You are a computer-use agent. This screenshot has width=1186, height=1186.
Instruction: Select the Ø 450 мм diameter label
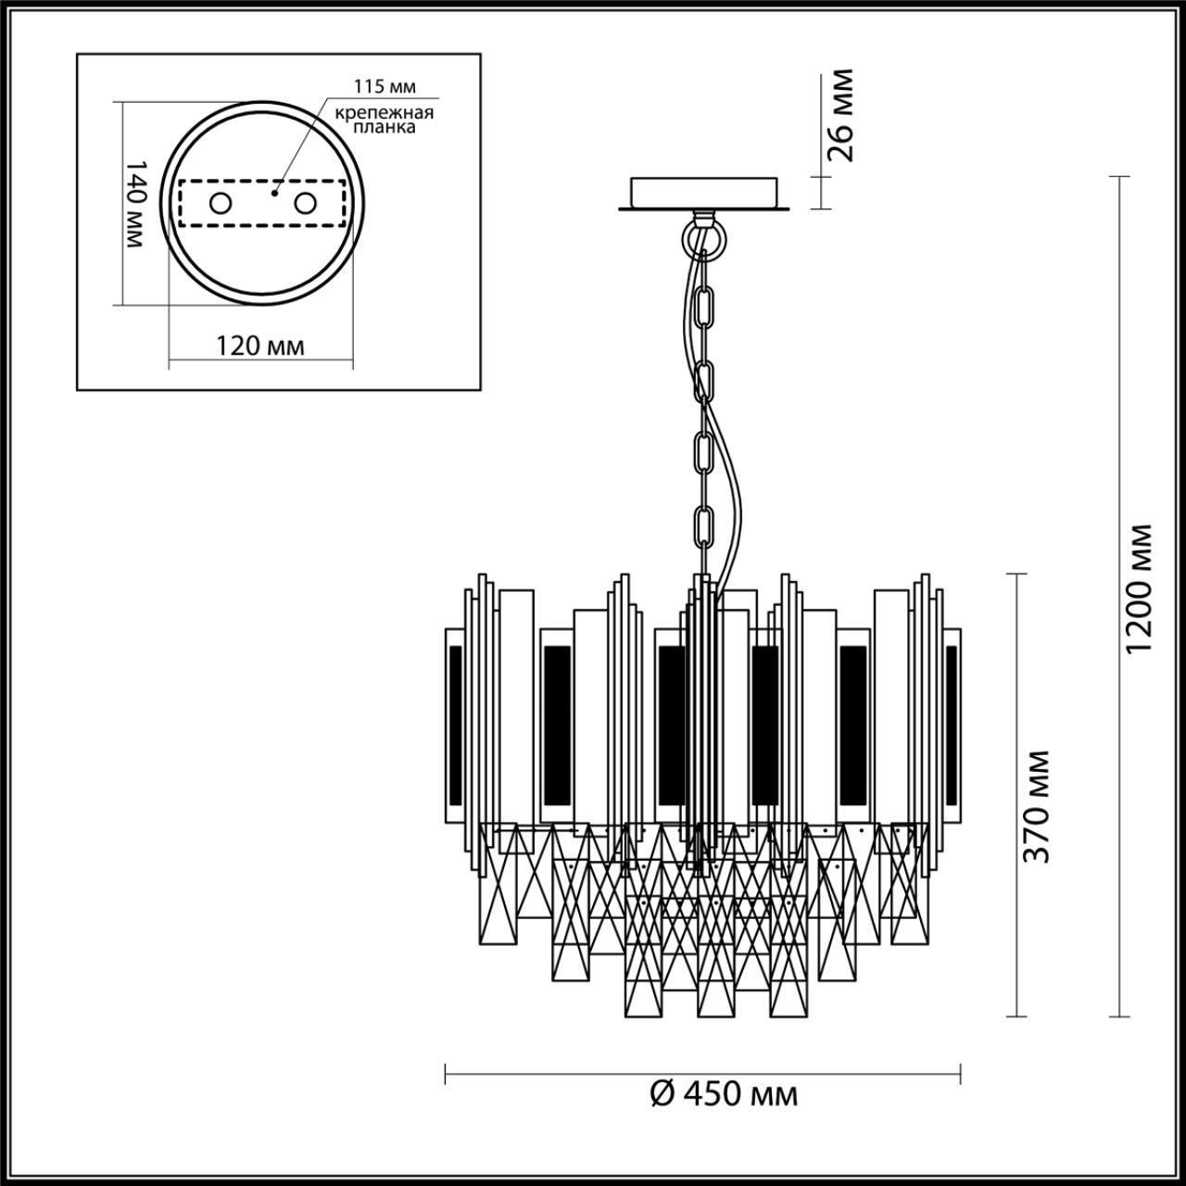click(x=724, y=1094)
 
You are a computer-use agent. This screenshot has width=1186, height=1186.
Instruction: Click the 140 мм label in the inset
click(x=135, y=203)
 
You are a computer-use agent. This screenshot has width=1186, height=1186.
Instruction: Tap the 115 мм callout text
click(x=385, y=87)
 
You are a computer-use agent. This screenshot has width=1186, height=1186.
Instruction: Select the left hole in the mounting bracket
click(x=221, y=203)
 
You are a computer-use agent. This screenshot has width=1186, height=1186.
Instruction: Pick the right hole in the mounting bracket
click(x=305, y=203)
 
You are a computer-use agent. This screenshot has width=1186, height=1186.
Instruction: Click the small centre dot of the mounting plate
click(x=274, y=195)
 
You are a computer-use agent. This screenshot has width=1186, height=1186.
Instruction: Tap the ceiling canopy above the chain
click(x=705, y=193)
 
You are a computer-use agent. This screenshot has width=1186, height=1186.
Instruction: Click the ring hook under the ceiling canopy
click(x=704, y=238)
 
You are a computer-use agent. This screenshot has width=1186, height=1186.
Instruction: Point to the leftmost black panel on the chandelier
click(x=455, y=725)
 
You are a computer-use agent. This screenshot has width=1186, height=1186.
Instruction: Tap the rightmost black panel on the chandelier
click(x=951, y=725)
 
